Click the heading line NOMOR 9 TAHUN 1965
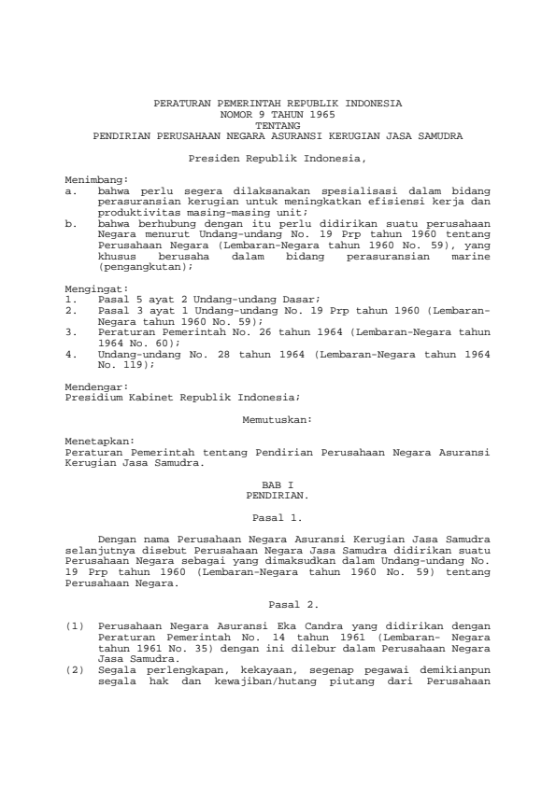(x=278, y=112)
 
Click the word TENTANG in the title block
(x=278, y=124)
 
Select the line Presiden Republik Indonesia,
(x=278, y=160)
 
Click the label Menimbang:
(x=96, y=177)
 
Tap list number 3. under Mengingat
(x=73, y=331)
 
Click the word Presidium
(x=90, y=396)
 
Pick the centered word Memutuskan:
(x=278, y=420)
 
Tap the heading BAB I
(x=278, y=485)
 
